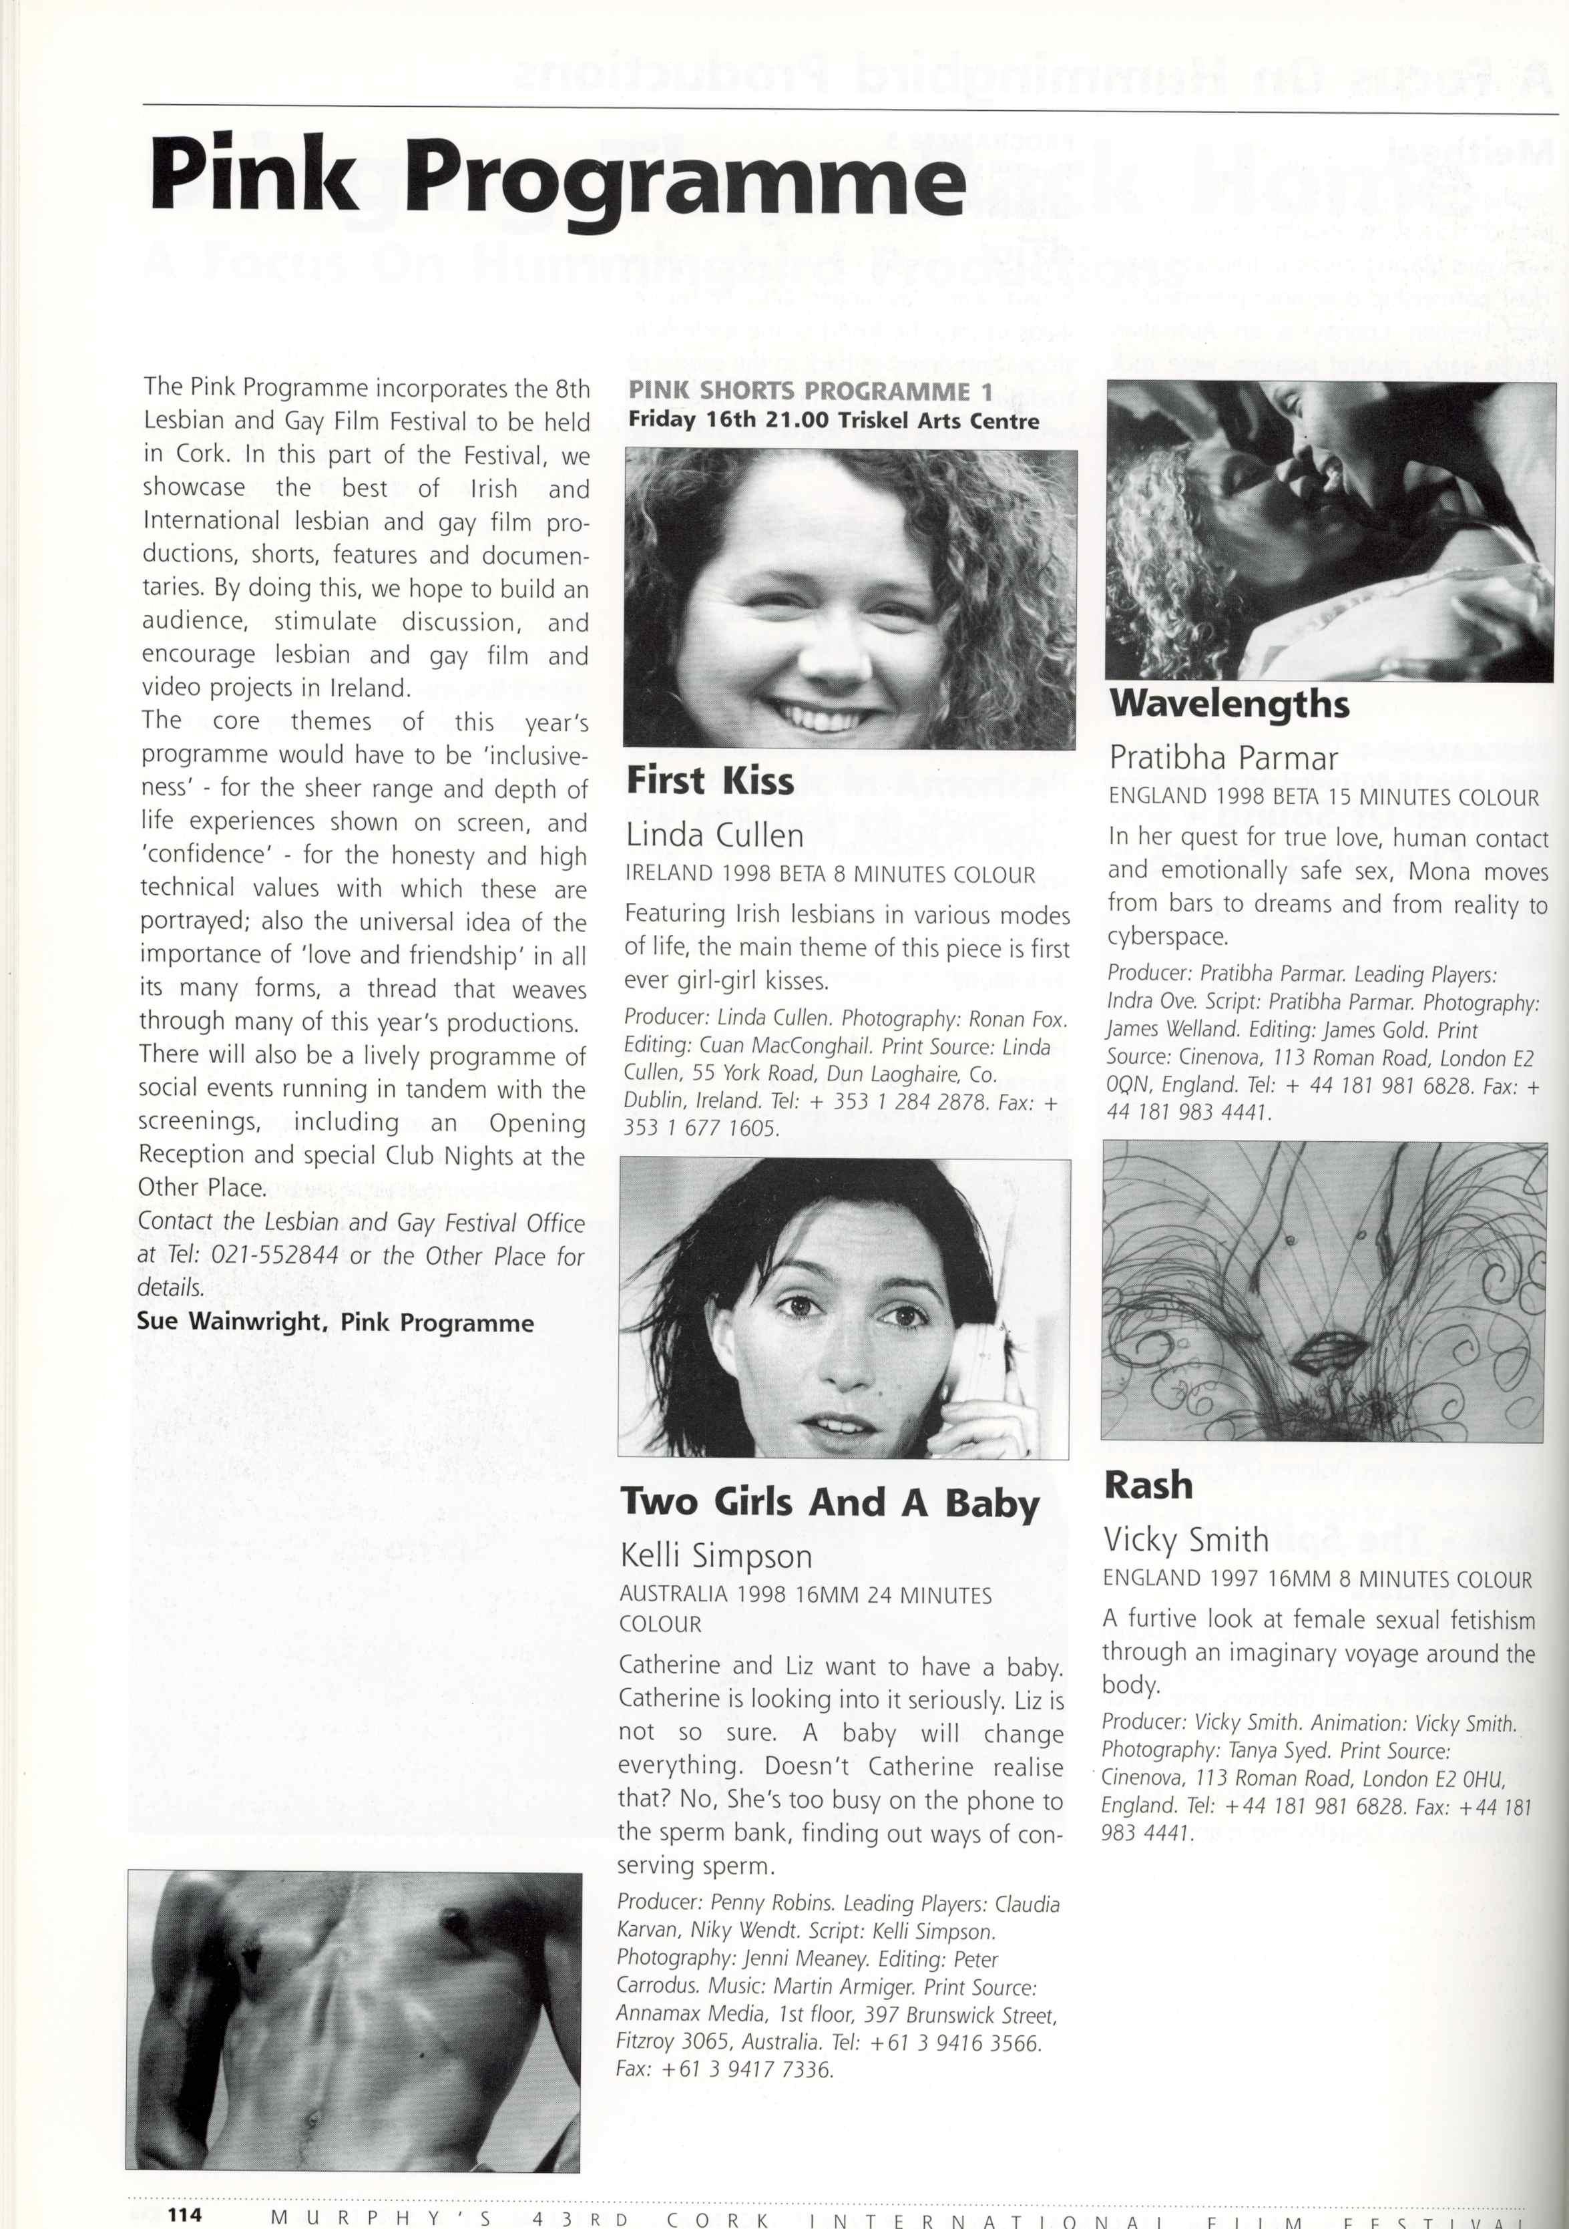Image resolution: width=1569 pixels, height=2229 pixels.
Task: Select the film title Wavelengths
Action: [1229, 704]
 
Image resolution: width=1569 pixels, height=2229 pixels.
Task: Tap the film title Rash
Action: [1148, 1485]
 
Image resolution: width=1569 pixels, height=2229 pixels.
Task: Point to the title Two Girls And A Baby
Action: [830, 1503]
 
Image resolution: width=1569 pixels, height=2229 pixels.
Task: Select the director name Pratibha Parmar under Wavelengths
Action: [1223, 757]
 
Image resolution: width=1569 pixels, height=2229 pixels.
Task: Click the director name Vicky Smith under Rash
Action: [1186, 1540]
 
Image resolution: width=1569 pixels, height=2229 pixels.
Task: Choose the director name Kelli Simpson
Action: [716, 1556]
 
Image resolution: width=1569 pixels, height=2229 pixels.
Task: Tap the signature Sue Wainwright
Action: [229, 1322]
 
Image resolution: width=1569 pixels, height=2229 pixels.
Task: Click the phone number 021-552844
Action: [275, 1255]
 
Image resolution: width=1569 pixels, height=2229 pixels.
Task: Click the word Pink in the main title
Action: [254, 178]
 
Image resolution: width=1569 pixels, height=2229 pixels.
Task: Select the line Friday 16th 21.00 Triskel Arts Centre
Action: [833, 421]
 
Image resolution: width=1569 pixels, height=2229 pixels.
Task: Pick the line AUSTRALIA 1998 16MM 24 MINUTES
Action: [806, 1595]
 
